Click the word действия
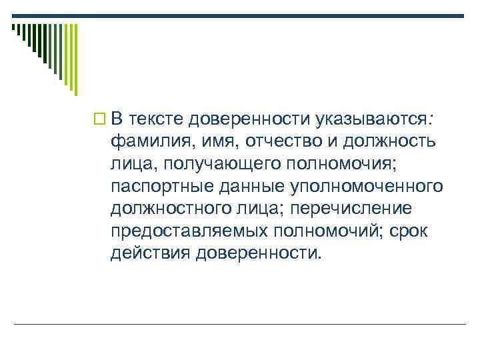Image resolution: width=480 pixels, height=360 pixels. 151,253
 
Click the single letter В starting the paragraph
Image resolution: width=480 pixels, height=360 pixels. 117,119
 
